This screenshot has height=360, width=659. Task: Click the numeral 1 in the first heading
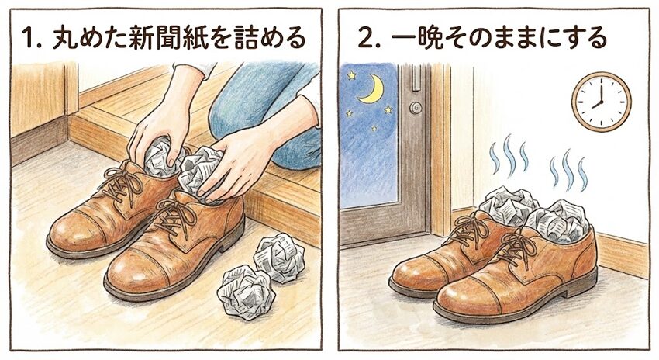(28, 37)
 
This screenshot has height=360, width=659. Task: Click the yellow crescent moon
(372, 88)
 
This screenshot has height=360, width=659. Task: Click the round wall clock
(601, 102)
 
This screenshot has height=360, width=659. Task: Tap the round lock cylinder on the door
(416, 108)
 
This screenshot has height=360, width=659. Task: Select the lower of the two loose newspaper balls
(246, 292)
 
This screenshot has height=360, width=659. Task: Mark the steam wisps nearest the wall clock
(568, 171)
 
